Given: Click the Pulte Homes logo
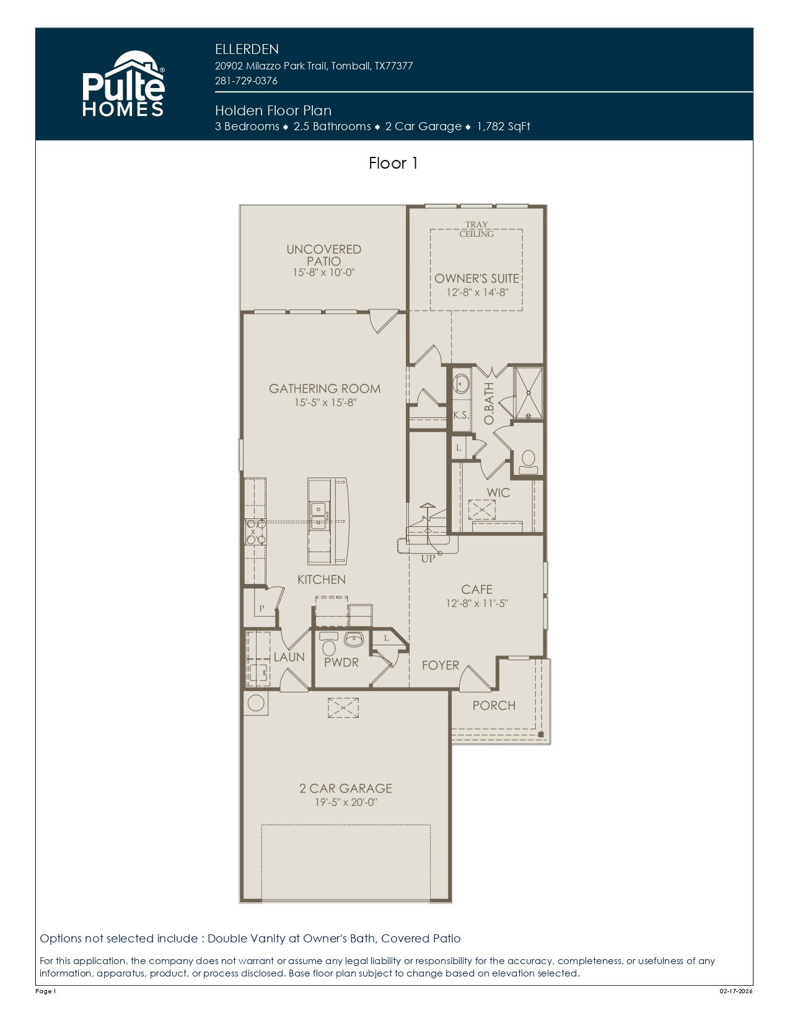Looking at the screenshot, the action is click(123, 83).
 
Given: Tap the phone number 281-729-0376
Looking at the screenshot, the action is click(246, 81).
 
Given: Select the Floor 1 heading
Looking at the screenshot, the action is click(393, 163).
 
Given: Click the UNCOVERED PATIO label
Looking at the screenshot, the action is click(323, 255).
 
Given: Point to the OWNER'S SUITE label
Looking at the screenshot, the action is click(476, 278).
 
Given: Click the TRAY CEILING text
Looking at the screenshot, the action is click(476, 229).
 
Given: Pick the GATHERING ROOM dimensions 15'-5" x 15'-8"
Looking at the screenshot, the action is click(325, 402).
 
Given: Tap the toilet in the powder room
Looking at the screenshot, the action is click(328, 644).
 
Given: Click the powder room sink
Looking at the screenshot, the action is click(354, 639).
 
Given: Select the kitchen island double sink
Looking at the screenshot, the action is click(318, 515).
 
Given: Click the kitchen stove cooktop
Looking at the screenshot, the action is click(255, 531).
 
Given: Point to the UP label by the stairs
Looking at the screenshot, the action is click(428, 559).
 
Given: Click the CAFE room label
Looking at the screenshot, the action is click(476, 590).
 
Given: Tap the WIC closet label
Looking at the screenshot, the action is click(498, 492).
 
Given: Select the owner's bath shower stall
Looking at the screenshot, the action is click(529, 392).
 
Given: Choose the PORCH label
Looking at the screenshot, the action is click(494, 705).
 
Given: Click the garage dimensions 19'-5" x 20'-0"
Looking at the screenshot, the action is click(346, 802).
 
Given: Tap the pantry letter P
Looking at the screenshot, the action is click(261, 608).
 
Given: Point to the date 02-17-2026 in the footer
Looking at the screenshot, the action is click(736, 991).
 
